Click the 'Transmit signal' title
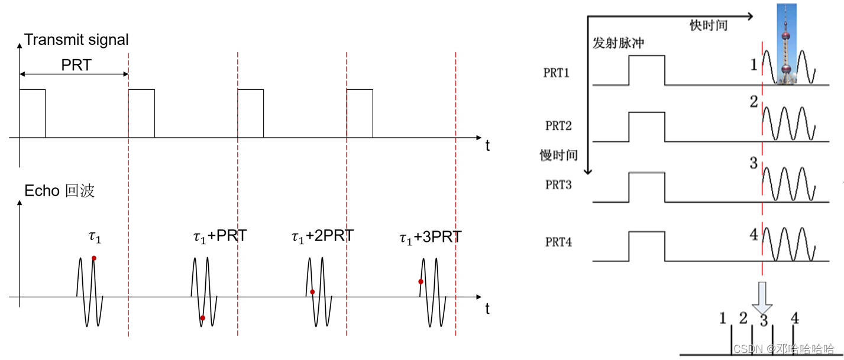(76, 40)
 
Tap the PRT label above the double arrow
(76, 65)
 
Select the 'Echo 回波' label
(59, 191)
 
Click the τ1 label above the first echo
(95, 237)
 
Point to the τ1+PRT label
(219, 236)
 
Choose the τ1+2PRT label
(322, 236)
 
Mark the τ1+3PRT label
(430, 238)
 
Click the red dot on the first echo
(94, 258)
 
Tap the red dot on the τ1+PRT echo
(202, 318)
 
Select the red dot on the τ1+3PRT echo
(421, 281)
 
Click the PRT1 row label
(557, 73)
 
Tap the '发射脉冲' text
(618, 44)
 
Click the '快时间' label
(708, 25)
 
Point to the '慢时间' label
(558, 155)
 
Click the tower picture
(785, 44)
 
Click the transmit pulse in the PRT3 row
(646, 187)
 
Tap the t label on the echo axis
(487, 309)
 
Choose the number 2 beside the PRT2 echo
(754, 102)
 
